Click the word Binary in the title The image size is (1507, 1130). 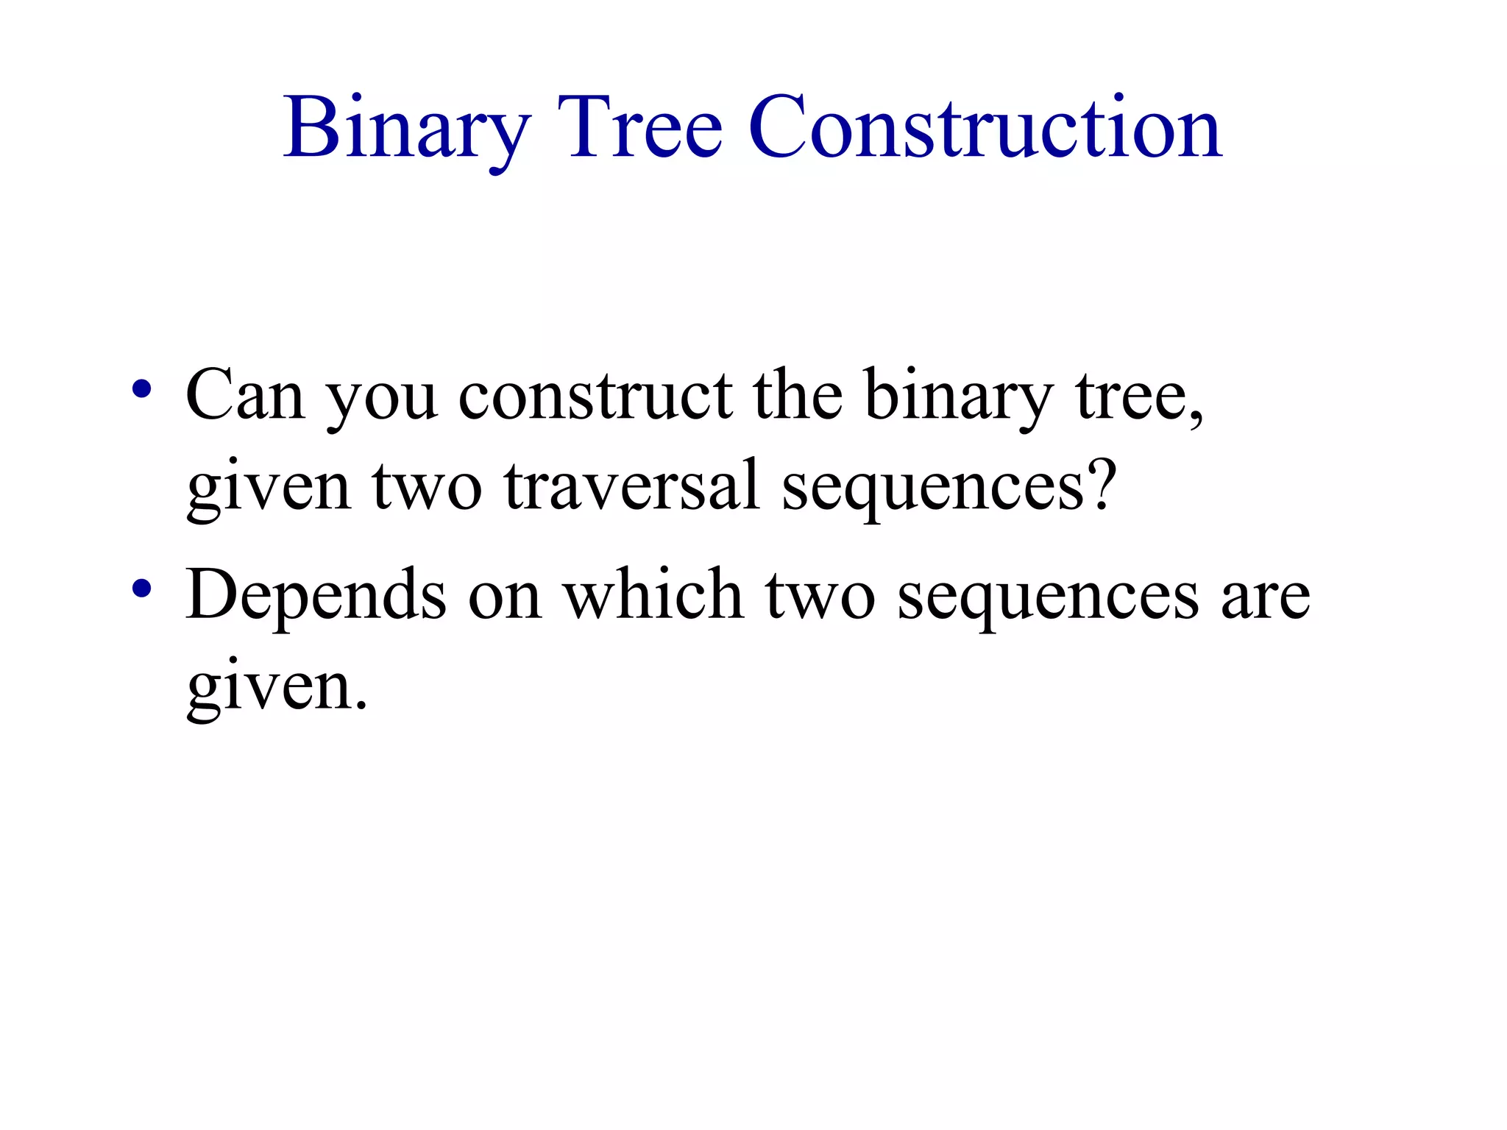point(406,129)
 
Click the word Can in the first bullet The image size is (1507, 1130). point(245,395)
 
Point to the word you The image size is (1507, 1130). point(382,401)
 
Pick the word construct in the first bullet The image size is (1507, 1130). point(595,395)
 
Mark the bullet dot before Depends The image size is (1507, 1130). point(142,589)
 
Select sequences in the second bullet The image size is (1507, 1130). point(1049,600)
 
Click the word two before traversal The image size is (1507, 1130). point(427,487)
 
